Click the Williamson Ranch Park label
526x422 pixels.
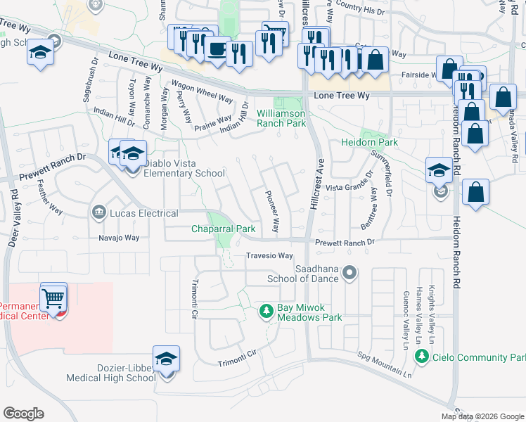[x=281, y=118]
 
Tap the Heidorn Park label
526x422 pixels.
[x=370, y=142]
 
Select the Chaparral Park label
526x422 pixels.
[x=224, y=229]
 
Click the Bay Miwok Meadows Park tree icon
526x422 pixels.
[x=267, y=310]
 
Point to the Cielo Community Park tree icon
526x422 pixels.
[x=422, y=357]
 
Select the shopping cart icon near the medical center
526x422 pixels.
[x=54, y=298]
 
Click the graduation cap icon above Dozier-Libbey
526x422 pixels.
[x=166, y=359]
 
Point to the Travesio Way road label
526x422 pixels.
[x=269, y=255]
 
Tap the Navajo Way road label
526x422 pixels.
[x=118, y=238]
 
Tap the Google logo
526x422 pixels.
[x=23, y=414]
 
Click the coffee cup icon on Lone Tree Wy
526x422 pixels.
[x=217, y=49]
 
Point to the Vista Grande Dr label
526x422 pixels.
[x=347, y=188]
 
